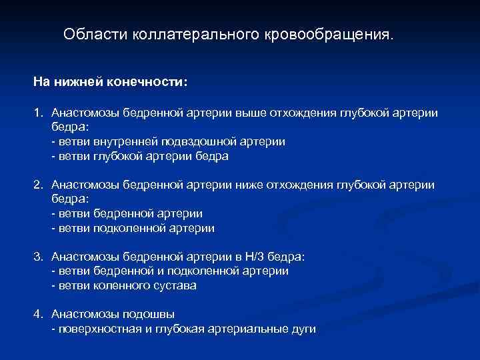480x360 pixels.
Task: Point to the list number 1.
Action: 39,113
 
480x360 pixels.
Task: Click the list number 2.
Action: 39,185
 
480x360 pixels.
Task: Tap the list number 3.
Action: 39,257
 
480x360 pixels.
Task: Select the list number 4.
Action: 39,314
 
